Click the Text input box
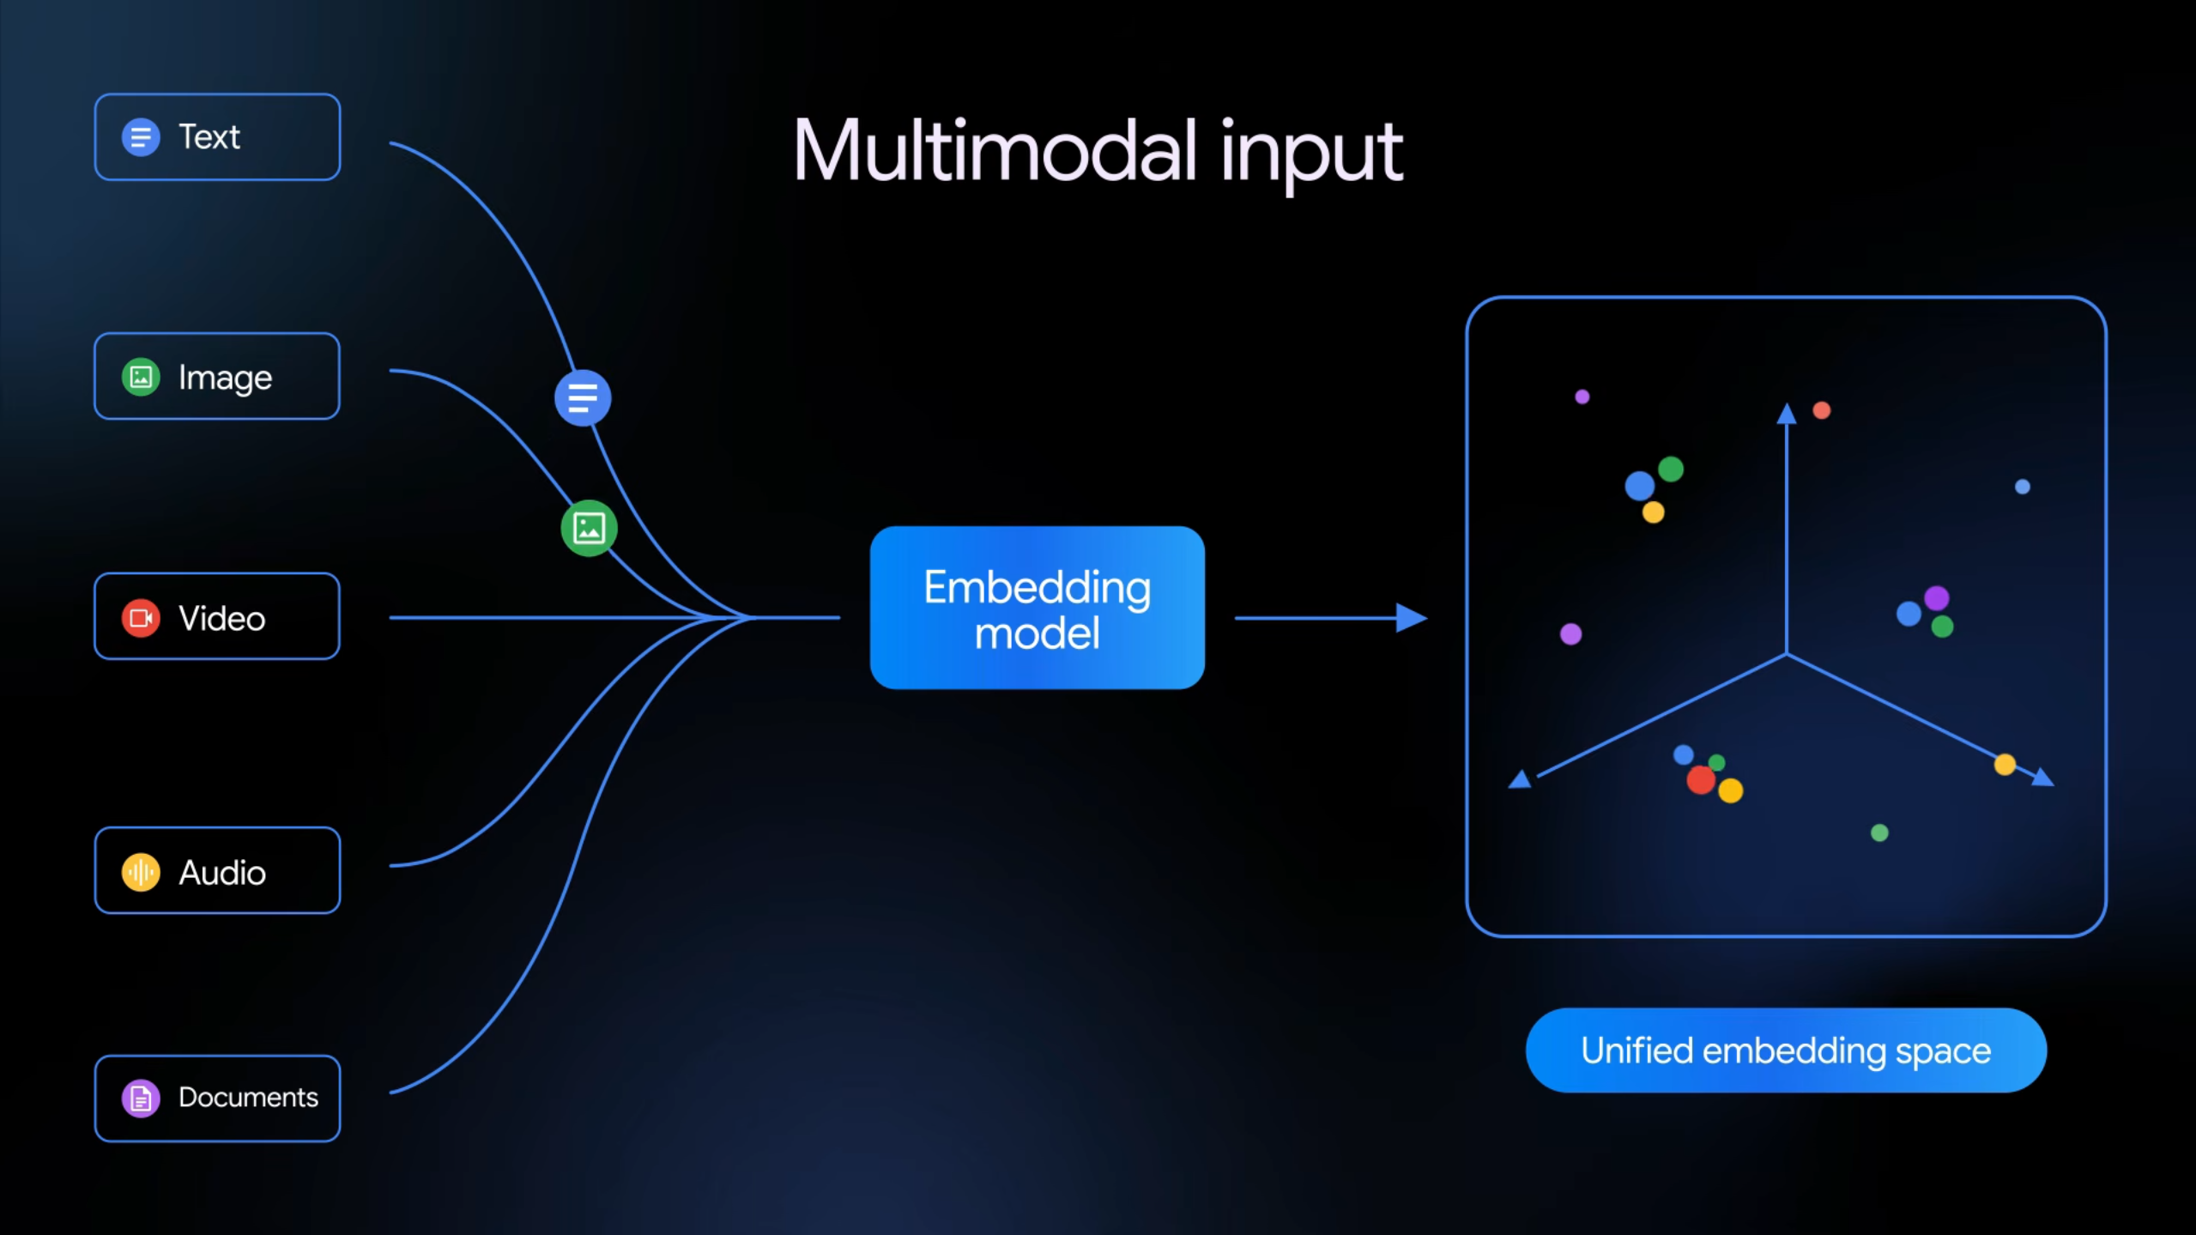click(x=217, y=137)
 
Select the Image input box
click(x=217, y=377)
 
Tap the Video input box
click(x=217, y=617)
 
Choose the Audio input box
click(x=217, y=871)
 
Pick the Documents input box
click(x=217, y=1098)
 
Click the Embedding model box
click(x=1037, y=608)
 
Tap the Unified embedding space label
click(x=1785, y=1050)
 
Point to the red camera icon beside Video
click(x=141, y=618)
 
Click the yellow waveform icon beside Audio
click(x=141, y=873)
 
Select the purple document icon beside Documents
click(x=141, y=1098)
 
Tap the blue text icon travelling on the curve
click(x=583, y=398)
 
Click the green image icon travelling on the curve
click(x=589, y=528)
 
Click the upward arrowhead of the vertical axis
click(x=1787, y=415)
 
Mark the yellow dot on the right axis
click(x=2005, y=765)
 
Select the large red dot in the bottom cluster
click(x=1700, y=780)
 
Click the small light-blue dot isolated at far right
click(x=2023, y=487)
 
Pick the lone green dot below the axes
click(x=1879, y=832)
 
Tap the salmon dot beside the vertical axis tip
click(x=1822, y=410)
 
